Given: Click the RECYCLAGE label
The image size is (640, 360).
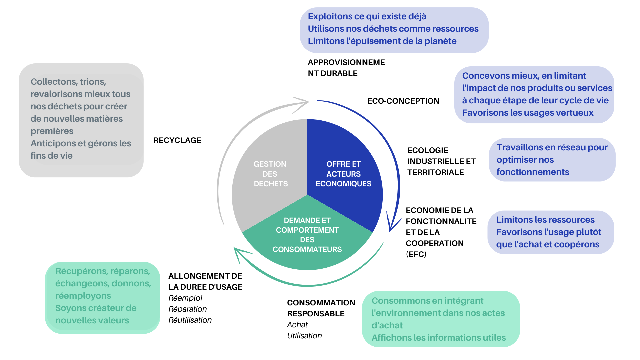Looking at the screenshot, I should coord(177,140).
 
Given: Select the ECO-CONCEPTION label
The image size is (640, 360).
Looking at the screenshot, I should coord(403,101).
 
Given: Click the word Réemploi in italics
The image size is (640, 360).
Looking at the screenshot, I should coord(185,298).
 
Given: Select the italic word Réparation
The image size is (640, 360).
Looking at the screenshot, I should coord(187,309).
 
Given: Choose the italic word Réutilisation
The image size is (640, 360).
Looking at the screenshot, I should coord(190,320).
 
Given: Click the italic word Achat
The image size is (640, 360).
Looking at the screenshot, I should coord(297,325).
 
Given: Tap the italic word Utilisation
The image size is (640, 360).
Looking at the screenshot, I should coord(304,336).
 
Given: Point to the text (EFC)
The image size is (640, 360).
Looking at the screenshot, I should coord(416,254).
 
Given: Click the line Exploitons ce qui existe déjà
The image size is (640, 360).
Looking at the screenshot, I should coord(367,16).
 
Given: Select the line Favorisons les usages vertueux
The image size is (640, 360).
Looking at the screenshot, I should coord(528,113).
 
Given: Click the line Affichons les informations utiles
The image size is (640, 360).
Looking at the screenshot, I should coord(439,338).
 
